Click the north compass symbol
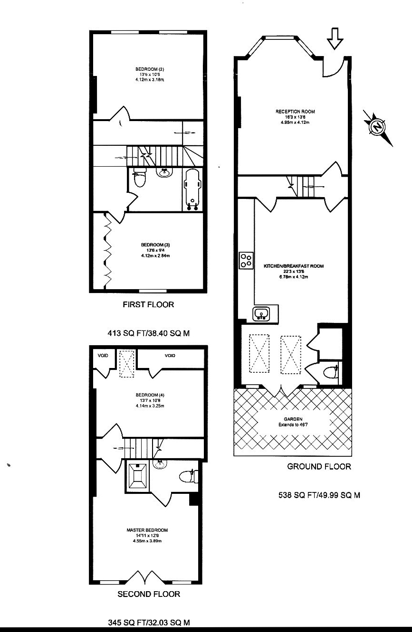pyautogui.click(x=377, y=127)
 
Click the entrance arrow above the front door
pyautogui.click(x=335, y=38)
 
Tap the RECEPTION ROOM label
pyautogui.click(x=295, y=112)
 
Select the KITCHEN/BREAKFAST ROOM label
pyautogui.click(x=293, y=266)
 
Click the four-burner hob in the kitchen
pyautogui.click(x=246, y=260)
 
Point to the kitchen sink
pyautogui.click(x=261, y=313)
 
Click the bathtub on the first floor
pyautogui.click(x=193, y=189)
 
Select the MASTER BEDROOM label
pyautogui.click(x=147, y=530)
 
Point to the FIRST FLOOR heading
pyautogui.click(x=148, y=304)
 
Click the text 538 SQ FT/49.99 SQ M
pyautogui.click(x=319, y=495)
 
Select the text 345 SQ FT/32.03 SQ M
pyautogui.click(x=149, y=622)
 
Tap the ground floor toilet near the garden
pyautogui.click(x=331, y=372)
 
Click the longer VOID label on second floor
pyautogui.click(x=170, y=356)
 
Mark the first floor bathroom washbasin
pyautogui.click(x=164, y=172)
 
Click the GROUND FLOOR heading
pyautogui.click(x=319, y=466)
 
